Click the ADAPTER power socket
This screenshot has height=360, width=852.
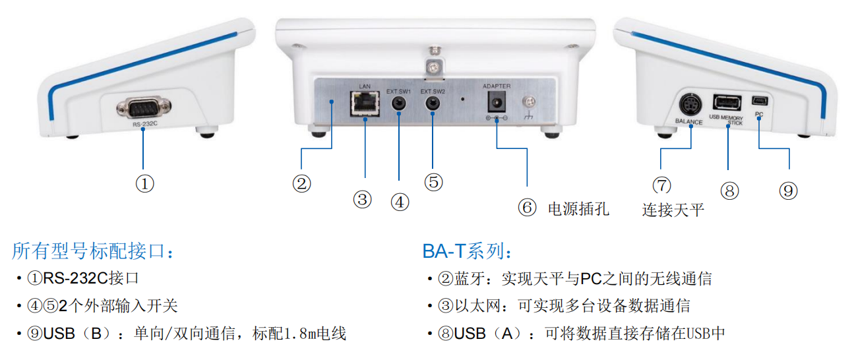496,102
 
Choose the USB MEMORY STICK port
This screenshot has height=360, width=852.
726,103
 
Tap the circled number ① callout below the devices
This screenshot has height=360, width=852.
144,183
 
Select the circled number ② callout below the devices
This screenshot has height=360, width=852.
301,183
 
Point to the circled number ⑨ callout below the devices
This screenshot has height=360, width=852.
788,191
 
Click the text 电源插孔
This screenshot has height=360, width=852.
578,209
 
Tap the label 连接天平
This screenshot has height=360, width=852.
673,210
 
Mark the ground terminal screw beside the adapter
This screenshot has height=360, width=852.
528,102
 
